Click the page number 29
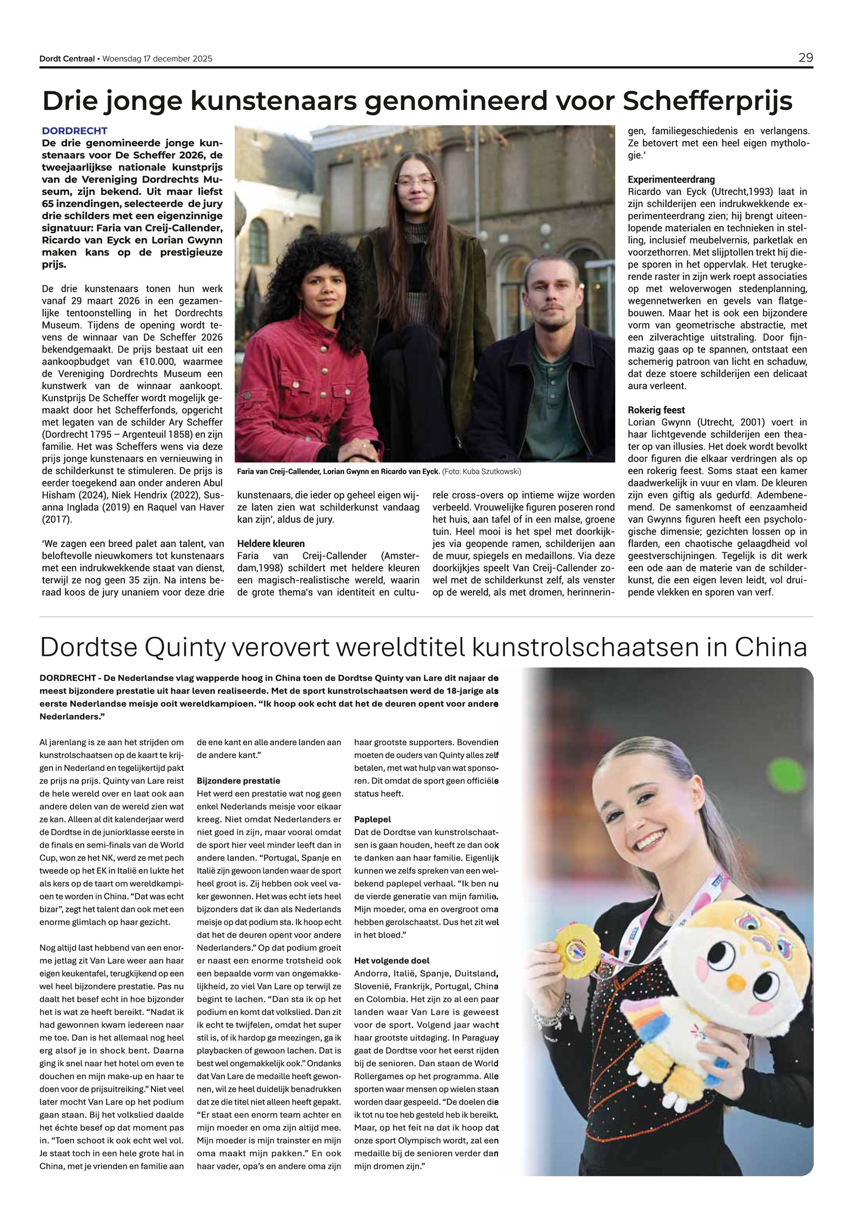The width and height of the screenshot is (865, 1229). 806,58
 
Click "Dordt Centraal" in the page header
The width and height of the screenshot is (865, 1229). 67,58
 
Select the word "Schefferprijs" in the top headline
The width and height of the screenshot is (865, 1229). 708,101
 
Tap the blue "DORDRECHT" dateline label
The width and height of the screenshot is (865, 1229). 75,131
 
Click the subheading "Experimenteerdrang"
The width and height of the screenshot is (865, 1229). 671,179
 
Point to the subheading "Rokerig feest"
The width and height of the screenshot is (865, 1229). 656,410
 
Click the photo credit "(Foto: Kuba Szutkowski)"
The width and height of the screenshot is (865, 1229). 481,472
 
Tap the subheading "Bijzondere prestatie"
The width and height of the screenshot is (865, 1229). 238,781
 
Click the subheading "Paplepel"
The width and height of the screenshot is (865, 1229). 372,820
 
